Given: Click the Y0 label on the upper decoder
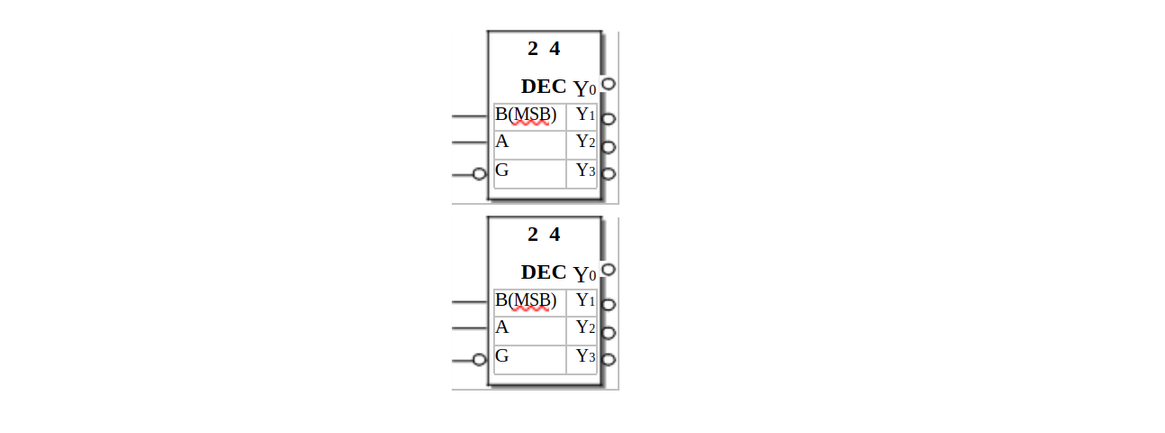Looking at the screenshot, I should click(584, 88).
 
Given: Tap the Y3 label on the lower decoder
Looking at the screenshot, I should click(586, 356).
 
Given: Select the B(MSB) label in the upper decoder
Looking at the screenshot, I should click(526, 115).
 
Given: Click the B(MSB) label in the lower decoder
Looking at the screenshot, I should click(526, 300).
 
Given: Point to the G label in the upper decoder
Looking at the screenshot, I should click(501, 170).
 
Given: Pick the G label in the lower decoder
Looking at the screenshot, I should click(501, 355).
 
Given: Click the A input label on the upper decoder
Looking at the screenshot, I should click(501, 142).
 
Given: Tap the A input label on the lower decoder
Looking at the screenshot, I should click(501, 327).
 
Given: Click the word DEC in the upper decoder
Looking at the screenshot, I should click(544, 87).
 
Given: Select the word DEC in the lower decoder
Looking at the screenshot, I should click(544, 272).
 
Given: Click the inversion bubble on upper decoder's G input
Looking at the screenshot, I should click(480, 175).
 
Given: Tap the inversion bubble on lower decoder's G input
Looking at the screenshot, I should click(480, 360).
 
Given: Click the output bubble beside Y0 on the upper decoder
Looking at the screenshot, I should click(609, 84).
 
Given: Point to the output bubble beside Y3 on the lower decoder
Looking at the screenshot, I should click(609, 360).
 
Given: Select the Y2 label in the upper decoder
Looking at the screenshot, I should click(586, 142).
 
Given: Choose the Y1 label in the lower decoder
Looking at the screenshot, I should click(586, 300).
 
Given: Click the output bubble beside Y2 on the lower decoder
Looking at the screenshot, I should click(609, 333).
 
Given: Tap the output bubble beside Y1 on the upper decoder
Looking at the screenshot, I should click(609, 119).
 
